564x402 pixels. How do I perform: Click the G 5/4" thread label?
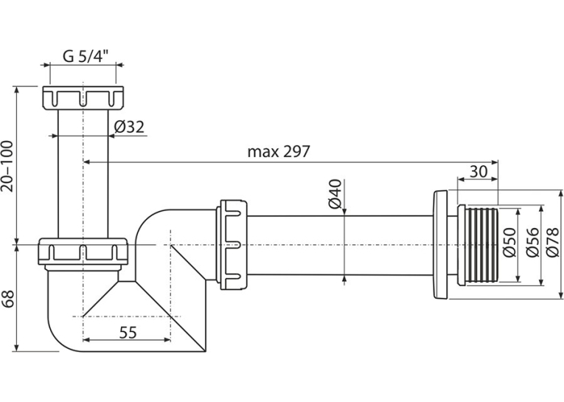click(86, 57)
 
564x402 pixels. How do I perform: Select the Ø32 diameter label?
click(129, 127)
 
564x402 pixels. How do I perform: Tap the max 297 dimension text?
click(279, 152)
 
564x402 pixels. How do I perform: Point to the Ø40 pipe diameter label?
click(335, 193)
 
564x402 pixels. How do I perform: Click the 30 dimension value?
click(478, 172)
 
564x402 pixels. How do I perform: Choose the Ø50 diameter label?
click(509, 243)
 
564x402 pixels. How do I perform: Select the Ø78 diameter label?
click(552, 243)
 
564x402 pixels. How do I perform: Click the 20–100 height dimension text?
click(7, 166)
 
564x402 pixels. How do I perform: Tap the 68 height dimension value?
click(8, 298)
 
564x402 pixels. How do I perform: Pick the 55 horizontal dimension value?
click(128, 333)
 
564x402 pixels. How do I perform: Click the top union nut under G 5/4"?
click(83, 97)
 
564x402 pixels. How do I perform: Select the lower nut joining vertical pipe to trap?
click(83, 253)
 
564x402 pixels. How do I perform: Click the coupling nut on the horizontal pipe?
click(232, 245)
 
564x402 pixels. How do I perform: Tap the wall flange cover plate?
click(440, 245)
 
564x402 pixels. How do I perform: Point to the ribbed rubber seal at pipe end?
click(478, 246)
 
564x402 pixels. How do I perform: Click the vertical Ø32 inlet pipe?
click(83, 174)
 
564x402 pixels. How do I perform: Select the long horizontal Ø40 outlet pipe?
click(341, 246)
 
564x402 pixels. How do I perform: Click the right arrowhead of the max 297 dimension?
click(495, 162)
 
